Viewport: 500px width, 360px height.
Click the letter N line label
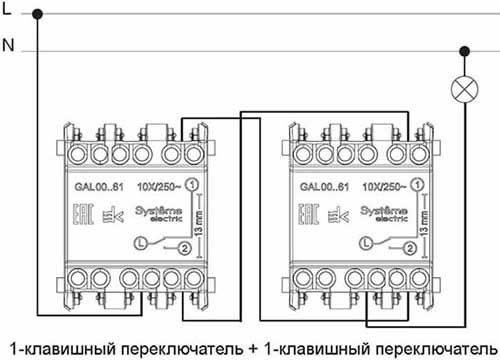pos(8,46)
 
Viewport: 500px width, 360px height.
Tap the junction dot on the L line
pos(38,15)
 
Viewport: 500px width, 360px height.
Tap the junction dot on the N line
pos(464,49)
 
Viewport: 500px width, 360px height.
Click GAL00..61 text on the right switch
pos(322,187)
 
